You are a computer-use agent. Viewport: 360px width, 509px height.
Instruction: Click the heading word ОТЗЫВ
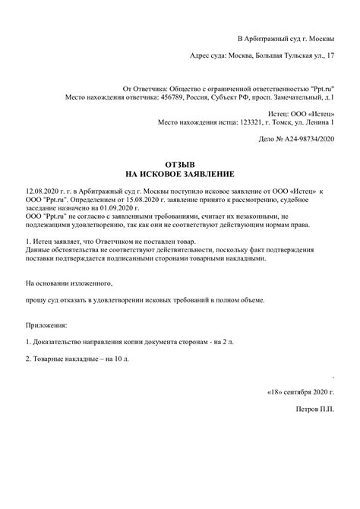[180, 163]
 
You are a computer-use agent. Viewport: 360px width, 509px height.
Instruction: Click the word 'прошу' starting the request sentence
[35, 300]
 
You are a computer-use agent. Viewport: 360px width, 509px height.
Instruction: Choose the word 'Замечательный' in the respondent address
[297, 98]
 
